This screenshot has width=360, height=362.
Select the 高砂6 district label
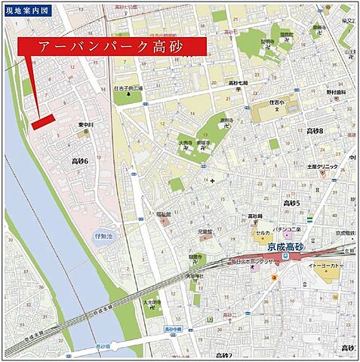[x=79, y=161]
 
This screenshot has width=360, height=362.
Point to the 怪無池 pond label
[x=103, y=237]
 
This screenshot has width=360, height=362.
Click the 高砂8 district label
[x=315, y=131]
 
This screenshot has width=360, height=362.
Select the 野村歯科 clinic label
[x=336, y=92]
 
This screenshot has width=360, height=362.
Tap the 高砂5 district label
[x=291, y=203]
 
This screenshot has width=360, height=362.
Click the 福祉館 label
[x=163, y=214]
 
